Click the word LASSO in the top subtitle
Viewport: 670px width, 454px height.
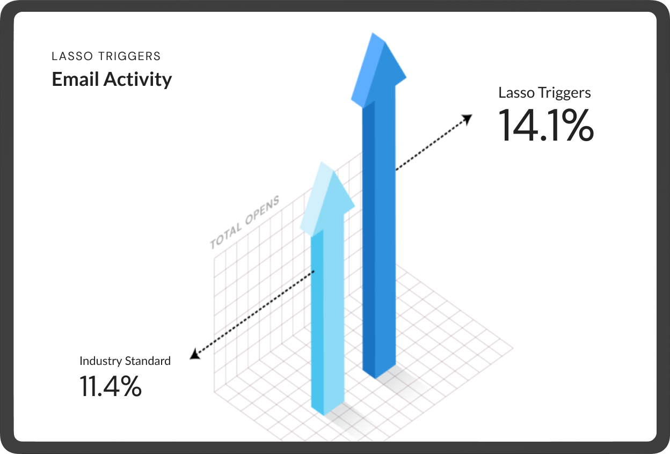pyautogui.click(x=72, y=56)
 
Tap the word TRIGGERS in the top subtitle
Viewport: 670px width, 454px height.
pyautogui.click(x=129, y=56)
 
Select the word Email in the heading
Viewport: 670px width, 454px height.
pyautogui.click(x=75, y=79)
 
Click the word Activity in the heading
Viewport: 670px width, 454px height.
pyautogui.click(x=137, y=80)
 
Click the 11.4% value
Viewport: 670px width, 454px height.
pyautogui.click(x=111, y=386)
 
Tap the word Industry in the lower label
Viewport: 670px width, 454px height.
pyautogui.click(x=100, y=361)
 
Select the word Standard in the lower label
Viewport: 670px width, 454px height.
pyautogui.click(x=148, y=361)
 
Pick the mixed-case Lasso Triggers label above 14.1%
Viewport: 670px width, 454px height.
pyautogui.click(x=545, y=93)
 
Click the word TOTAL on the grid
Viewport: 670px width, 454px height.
pyautogui.click(x=226, y=236)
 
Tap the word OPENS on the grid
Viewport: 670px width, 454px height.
pyautogui.click(x=263, y=210)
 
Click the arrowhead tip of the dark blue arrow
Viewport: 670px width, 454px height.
pyautogui.click(x=373, y=33)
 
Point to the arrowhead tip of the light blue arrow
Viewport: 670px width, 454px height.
pyautogui.click(x=322, y=162)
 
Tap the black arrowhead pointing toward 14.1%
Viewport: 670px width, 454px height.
pyautogui.click(x=468, y=119)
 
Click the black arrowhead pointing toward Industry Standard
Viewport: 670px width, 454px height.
pyautogui.click(x=195, y=354)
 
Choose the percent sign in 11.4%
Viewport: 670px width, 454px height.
pyautogui.click(x=130, y=386)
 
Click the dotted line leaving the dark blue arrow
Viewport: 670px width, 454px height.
pyautogui.click(x=433, y=143)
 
